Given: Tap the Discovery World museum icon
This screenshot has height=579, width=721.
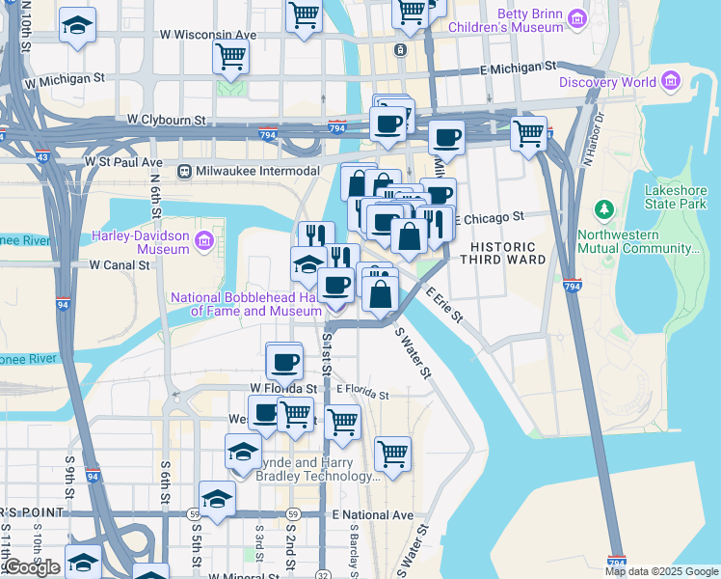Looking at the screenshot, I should [671, 82].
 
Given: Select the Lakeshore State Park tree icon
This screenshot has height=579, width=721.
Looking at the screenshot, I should [604, 209].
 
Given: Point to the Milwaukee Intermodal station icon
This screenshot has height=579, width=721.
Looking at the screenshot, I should [185, 171].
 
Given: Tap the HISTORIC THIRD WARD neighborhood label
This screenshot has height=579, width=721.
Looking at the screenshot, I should [502, 253].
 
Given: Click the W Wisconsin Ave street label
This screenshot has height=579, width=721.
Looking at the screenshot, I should [208, 35].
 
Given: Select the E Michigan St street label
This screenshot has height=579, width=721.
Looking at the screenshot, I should [519, 69].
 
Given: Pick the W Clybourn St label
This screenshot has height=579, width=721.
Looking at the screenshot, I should [167, 121].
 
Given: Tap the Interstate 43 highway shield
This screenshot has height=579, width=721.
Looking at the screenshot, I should [42, 156].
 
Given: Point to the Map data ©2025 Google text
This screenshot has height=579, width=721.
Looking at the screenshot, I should [660, 571].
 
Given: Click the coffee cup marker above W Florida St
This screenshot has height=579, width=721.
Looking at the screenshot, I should [283, 362].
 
